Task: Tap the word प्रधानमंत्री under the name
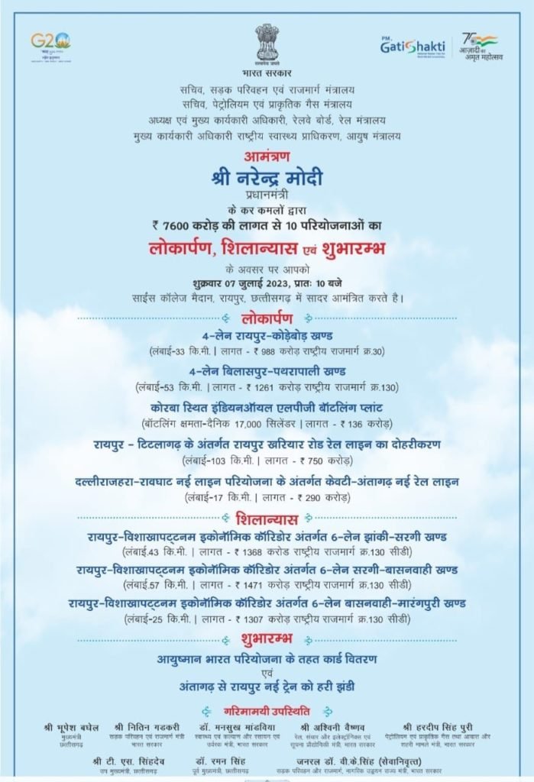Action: pyautogui.click(x=267, y=197)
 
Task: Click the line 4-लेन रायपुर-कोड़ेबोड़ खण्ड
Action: pyautogui.click(x=267, y=336)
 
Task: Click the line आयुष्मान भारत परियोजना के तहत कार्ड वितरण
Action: pyautogui.click(x=267, y=658)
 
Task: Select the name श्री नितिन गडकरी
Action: pyautogui.click(x=143, y=727)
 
